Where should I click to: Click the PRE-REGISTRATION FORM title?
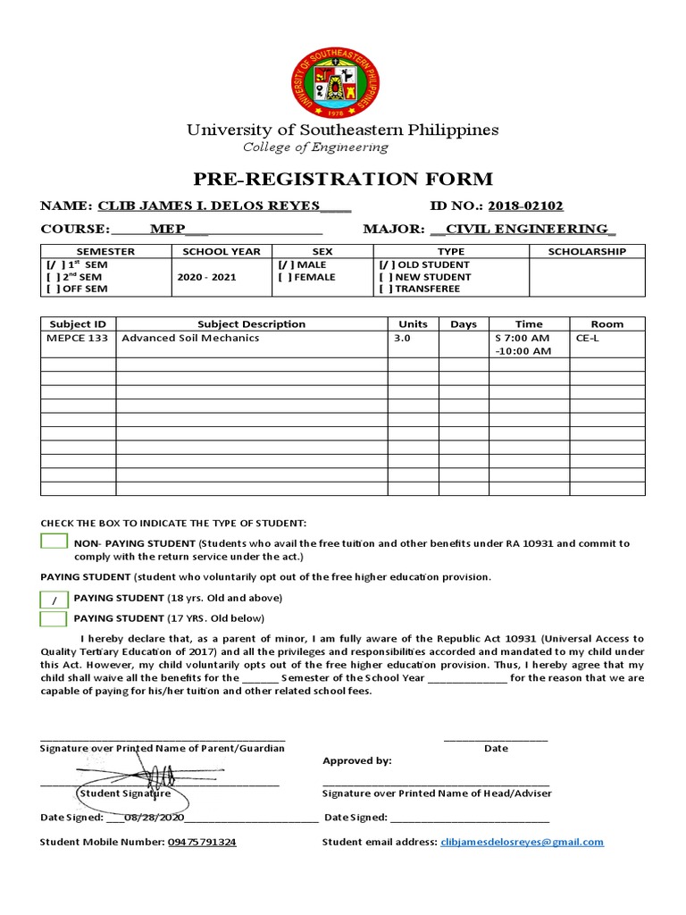[343, 178]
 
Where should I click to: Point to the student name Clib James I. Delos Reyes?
[209, 206]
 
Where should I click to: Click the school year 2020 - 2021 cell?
[206, 277]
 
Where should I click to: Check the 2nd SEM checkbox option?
[51, 277]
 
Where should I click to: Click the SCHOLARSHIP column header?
[587, 252]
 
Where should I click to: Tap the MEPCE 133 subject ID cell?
[77, 339]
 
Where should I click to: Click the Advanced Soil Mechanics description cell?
[190, 339]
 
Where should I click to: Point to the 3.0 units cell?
[404, 339]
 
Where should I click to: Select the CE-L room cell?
[587, 339]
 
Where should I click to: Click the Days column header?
[464, 324]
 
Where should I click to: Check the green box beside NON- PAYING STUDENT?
[54, 541]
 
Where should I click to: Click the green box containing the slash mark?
[54, 599]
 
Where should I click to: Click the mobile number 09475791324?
[202, 843]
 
